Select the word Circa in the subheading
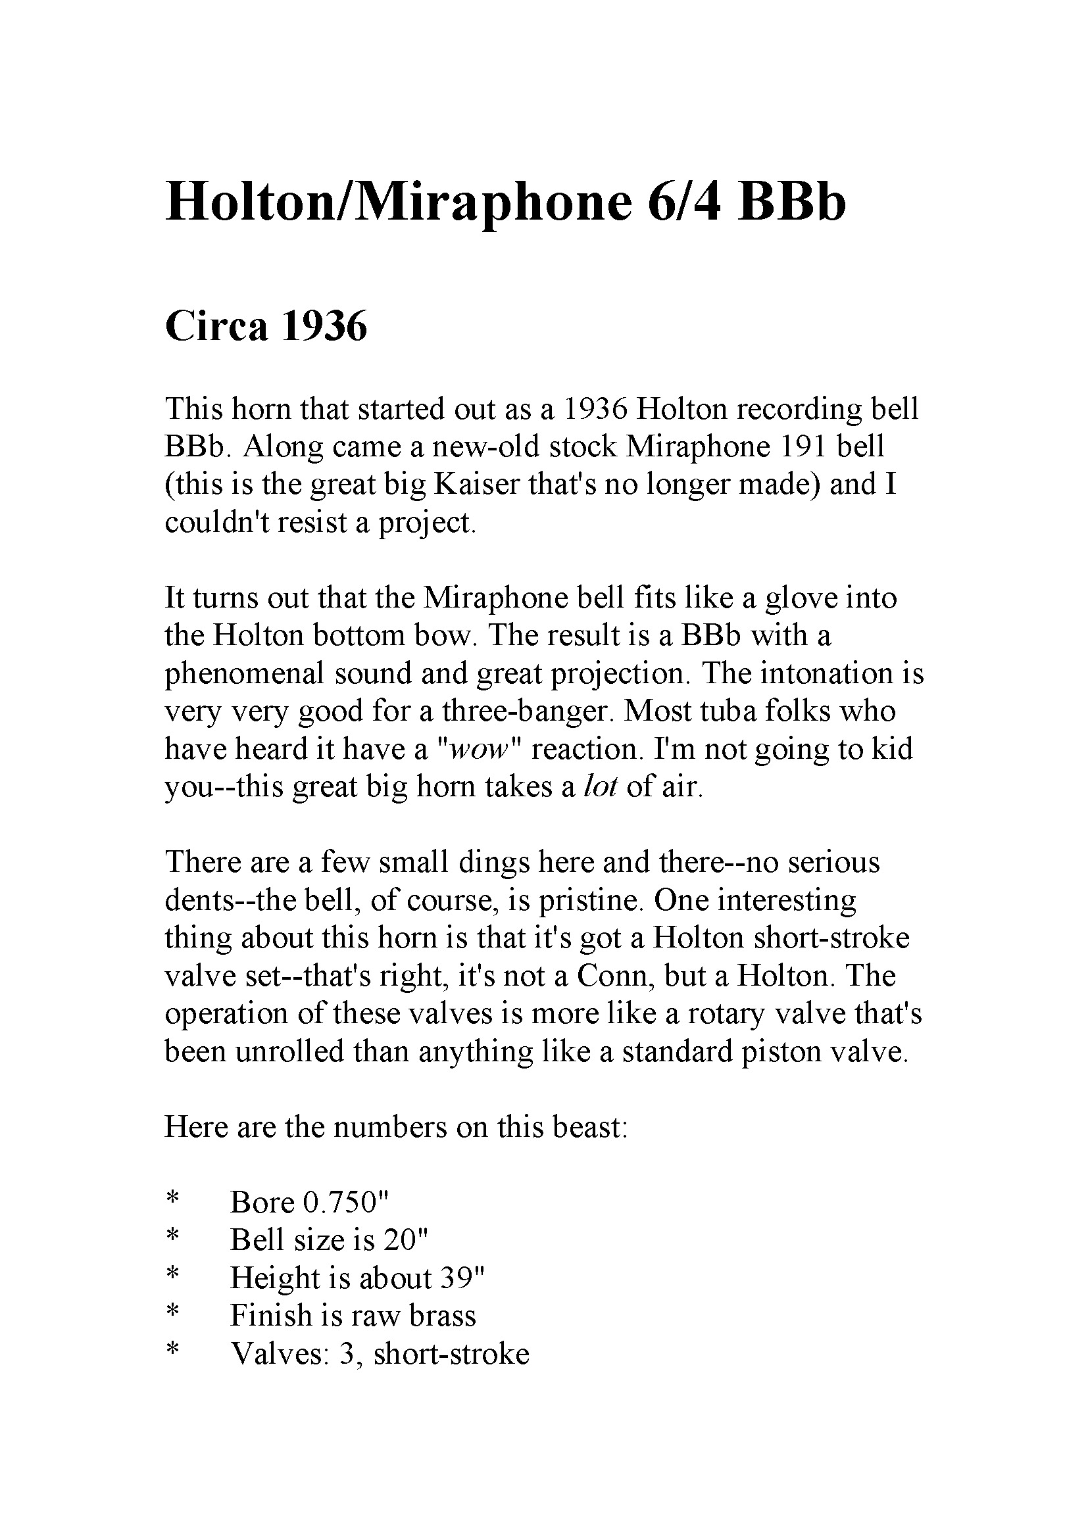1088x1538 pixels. pos(216,327)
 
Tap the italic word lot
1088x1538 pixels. pos(600,787)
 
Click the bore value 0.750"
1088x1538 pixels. pos(346,1203)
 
